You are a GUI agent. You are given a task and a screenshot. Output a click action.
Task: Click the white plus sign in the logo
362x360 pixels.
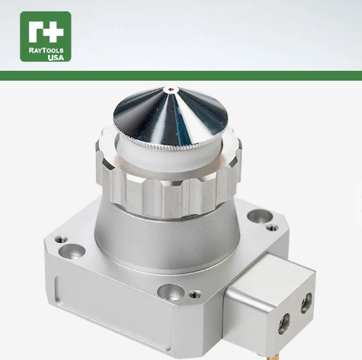(x=54, y=31)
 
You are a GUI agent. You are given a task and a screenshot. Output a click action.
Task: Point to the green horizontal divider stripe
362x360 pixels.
(x=181, y=75)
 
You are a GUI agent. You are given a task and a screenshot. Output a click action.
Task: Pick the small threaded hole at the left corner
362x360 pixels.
(x=61, y=240)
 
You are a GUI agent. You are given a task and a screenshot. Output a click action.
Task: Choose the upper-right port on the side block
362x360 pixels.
(x=306, y=304)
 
